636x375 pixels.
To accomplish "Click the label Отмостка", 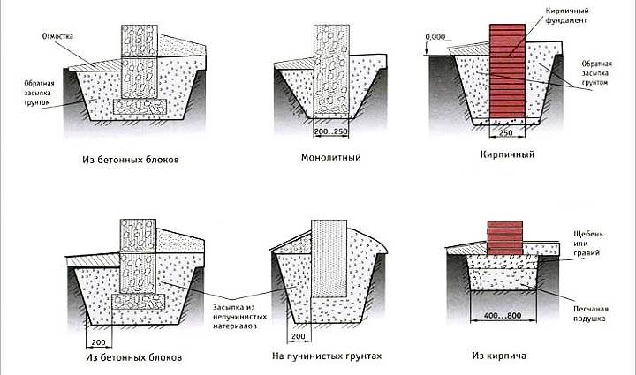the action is pos(57,36).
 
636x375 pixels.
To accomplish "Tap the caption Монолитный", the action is pos(330,157).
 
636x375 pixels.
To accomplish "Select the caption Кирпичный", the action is pos(507,154).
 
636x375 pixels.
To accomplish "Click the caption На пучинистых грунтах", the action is pos(327,356).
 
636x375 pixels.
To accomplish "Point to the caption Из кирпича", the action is pos(498,356).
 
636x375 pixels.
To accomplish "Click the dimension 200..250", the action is pos(331,131).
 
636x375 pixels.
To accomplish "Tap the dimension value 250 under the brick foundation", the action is pos(506,132).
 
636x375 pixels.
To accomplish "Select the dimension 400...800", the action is pos(503,316).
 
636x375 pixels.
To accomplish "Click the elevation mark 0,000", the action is pos(435,36).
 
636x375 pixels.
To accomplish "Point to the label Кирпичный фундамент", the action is pos(566,15).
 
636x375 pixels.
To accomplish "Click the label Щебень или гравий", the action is pos(587,244).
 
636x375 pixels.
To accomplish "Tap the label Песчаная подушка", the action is pos(591,313).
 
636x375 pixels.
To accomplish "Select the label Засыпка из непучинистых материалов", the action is pos(239,317).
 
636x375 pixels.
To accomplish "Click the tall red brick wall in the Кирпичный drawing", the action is pos(507,71).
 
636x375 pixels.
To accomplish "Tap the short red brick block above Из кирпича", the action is pos(504,238).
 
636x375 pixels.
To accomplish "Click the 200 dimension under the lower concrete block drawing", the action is pos(98,342).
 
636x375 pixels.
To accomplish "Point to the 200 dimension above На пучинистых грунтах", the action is pos(299,336).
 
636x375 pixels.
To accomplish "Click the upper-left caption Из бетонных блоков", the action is pos(130,160).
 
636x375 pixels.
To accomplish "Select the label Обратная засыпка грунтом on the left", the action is pos(39,94).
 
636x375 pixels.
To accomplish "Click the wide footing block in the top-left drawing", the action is pos(140,107).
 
